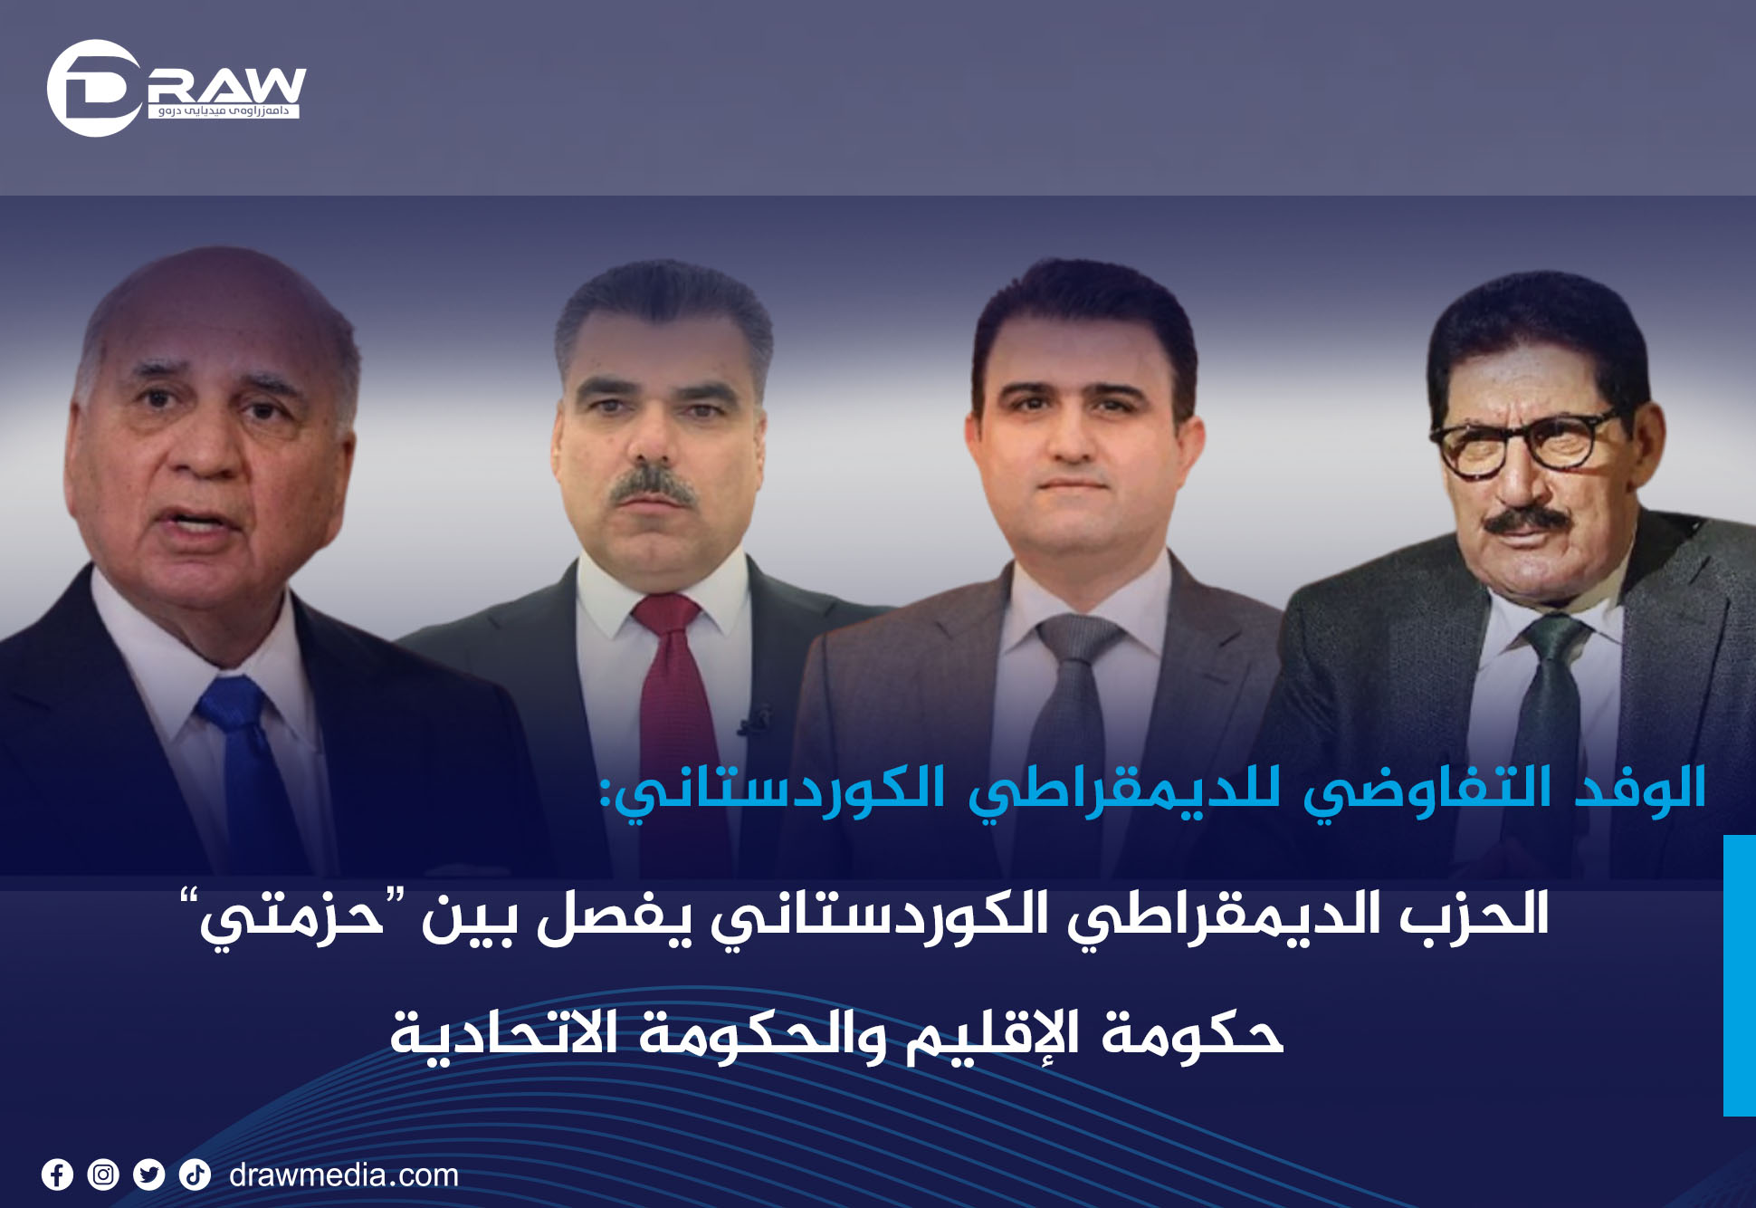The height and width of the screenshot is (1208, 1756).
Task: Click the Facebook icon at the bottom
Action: [x=57, y=1174]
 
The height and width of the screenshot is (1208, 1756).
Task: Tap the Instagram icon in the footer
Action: [x=103, y=1174]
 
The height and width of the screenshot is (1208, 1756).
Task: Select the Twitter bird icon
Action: [x=149, y=1174]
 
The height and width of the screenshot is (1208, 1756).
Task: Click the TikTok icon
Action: [x=195, y=1174]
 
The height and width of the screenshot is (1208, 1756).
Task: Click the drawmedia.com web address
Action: [x=344, y=1175]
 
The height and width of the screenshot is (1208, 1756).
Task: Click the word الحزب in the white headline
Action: [x=1474, y=915]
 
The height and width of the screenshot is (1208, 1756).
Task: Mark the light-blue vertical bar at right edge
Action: [x=1740, y=975]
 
